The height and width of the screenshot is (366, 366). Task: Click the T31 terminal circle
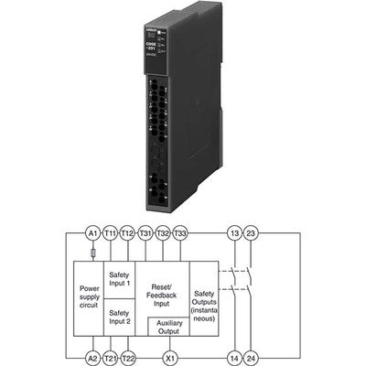145,233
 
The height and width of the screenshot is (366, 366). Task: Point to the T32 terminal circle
163,233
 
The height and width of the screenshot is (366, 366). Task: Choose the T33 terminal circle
180,233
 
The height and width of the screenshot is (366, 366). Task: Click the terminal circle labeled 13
234,233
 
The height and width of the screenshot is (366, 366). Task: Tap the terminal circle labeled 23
252,233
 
